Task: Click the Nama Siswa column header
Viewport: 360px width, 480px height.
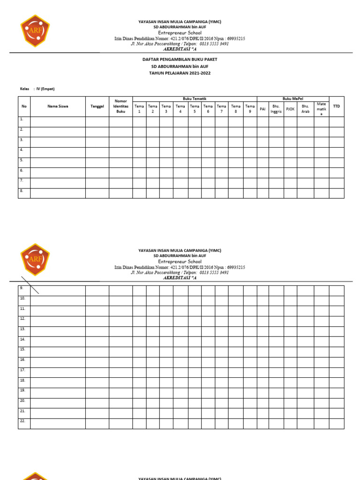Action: tap(58, 106)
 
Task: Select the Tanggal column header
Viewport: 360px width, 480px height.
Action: tap(97, 106)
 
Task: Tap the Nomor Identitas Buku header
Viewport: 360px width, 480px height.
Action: tap(121, 106)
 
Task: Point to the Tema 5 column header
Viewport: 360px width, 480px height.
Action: tap(195, 109)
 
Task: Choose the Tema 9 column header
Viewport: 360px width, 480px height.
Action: tap(250, 109)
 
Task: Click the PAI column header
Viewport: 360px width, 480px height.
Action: tap(262, 109)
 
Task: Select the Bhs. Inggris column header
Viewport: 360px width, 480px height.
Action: tap(276, 109)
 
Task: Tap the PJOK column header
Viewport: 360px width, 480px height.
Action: tap(290, 109)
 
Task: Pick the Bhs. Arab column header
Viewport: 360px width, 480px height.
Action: tap(305, 109)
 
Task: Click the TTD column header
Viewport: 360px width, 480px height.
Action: tap(336, 106)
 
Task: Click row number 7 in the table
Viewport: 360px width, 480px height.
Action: tap(22, 180)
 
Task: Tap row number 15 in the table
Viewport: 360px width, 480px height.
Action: tap(22, 349)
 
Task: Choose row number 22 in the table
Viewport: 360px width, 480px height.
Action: tap(22, 421)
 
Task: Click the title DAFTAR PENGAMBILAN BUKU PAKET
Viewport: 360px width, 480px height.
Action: tap(180, 60)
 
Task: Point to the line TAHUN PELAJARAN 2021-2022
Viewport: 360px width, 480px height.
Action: tap(180, 73)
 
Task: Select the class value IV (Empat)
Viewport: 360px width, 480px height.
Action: tap(45, 89)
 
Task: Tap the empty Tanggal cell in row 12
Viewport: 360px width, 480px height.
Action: tap(97, 321)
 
